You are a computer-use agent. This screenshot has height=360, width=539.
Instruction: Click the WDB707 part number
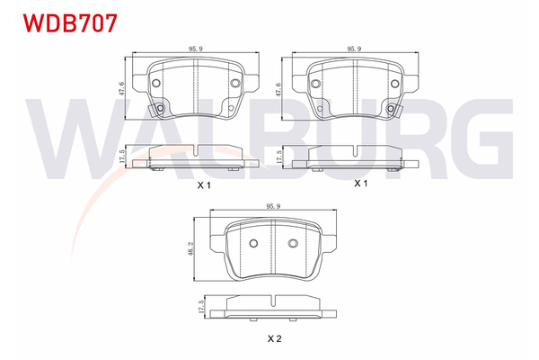tap(60, 22)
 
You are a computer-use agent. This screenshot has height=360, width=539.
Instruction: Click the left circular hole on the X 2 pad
tap(253, 244)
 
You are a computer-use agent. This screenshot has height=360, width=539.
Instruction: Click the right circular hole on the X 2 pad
tap(292, 244)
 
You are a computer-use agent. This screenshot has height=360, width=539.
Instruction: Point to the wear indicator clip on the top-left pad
tap(162, 110)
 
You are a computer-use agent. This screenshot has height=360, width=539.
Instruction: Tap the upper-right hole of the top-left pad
tap(235, 85)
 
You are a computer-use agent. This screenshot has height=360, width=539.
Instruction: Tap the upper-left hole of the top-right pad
tap(316, 84)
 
